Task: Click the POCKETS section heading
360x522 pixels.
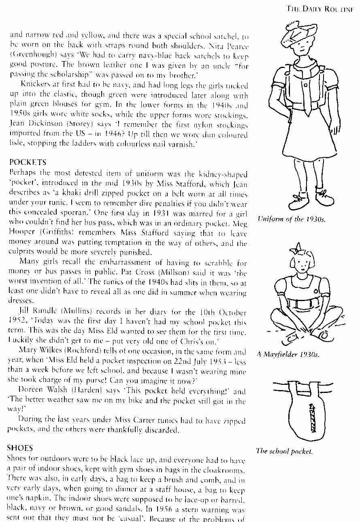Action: point(28,162)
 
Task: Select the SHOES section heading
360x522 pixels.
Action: point(20,448)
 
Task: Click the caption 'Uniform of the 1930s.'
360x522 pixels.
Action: point(292,219)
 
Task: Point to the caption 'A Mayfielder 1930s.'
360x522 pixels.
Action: point(288,354)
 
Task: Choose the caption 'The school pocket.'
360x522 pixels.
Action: point(284,451)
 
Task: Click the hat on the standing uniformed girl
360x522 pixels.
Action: point(299,34)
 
